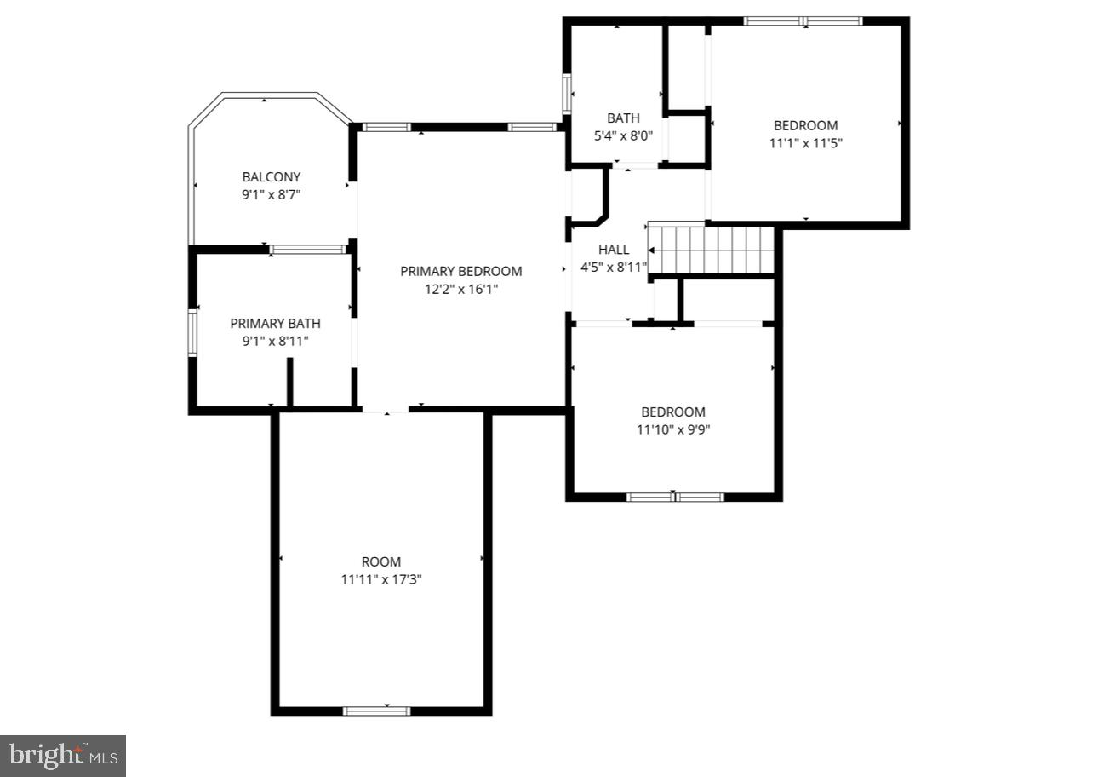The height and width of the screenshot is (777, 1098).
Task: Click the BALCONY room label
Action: (272, 177)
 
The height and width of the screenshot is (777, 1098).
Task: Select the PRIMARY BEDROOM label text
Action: (460, 271)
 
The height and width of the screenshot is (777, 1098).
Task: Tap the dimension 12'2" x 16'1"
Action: (460, 289)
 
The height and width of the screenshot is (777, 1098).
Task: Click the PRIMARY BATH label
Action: (275, 323)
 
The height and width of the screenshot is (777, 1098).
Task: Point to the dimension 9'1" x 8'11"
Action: (275, 341)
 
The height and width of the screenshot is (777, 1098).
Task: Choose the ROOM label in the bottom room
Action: (380, 561)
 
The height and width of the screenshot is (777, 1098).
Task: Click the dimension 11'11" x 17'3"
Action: (380, 579)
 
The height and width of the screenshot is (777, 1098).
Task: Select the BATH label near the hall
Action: (622, 118)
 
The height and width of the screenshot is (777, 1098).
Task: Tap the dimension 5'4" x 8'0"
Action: (622, 135)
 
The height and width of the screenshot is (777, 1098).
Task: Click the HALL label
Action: (613, 250)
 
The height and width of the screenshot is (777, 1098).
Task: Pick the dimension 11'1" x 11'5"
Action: (805, 143)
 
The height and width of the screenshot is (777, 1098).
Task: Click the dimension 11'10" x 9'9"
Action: (672, 429)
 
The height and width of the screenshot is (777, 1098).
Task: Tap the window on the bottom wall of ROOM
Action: (376, 711)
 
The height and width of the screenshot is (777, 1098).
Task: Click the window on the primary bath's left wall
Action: (192, 332)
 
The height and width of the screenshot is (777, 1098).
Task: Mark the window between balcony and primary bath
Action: (307, 250)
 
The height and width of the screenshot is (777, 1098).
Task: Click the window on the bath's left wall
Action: (566, 94)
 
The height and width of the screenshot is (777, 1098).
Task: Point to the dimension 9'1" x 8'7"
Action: (272, 194)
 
